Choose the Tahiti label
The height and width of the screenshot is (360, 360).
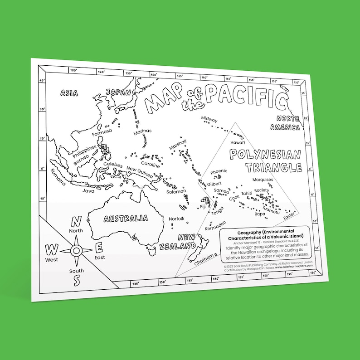pyautogui.click(x=247, y=194)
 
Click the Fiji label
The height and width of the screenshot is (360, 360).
pyautogui.click(x=203, y=207)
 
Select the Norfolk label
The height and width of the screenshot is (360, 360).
pyautogui.click(x=177, y=219)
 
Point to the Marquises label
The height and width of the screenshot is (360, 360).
pyautogui.click(x=263, y=180)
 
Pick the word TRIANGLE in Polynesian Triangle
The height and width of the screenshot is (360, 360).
pyautogui.click(x=274, y=168)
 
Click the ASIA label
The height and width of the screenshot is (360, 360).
pyautogui.click(x=69, y=93)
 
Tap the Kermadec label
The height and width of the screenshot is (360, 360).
pyautogui.click(x=215, y=225)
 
